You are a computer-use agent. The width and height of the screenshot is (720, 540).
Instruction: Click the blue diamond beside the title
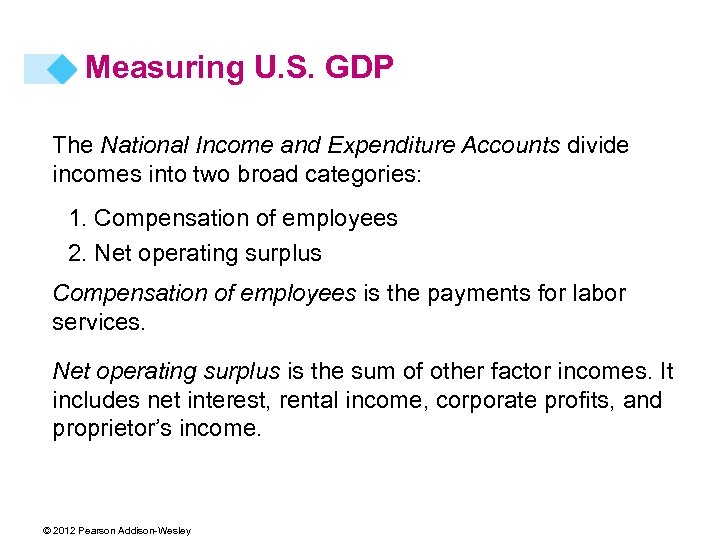tap(62, 69)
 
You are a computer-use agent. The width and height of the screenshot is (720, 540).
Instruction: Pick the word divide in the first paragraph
tap(598, 146)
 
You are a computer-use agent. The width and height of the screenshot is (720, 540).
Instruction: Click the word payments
tap(476, 293)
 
